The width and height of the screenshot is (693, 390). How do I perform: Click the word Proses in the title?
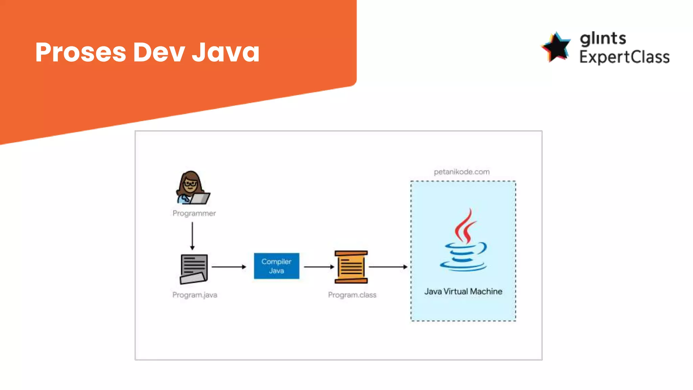tap(81, 52)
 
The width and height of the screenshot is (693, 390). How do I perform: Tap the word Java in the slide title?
tap(226, 52)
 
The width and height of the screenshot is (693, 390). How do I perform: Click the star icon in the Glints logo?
tap(556, 47)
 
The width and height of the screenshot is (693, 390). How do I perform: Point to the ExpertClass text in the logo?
tap(624, 57)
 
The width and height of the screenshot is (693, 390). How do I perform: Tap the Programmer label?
tap(194, 213)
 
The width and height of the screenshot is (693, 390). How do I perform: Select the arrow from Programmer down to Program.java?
tap(192, 236)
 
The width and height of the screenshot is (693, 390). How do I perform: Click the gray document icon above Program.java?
tap(194, 269)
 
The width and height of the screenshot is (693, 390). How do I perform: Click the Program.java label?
tap(195, 295)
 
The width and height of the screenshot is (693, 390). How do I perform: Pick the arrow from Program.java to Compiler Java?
tap(229, 267)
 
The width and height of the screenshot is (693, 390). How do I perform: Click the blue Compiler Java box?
tap(276, 266)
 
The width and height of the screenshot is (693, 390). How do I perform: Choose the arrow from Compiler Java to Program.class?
tap(319, 267)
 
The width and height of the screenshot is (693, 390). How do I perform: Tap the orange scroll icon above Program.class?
tap(351, 267)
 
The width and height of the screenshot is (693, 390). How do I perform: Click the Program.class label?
tap(352, 295)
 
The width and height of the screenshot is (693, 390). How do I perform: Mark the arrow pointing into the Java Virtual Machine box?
tap(388, 267)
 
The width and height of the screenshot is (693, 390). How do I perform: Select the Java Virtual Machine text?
tap(463, 291)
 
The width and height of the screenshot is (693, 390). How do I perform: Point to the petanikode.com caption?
tap(462, 172)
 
